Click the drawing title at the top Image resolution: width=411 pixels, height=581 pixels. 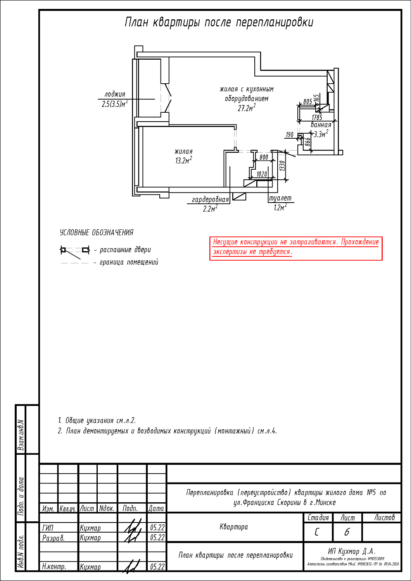219,22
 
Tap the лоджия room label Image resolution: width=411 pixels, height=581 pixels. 115,94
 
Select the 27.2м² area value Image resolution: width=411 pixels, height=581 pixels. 247,108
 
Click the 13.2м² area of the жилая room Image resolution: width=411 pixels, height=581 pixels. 183,161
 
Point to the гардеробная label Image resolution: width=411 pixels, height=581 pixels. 211,199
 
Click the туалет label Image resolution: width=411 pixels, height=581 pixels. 280,198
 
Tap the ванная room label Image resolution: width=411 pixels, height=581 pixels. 321,125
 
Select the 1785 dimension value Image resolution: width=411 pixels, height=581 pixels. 317,117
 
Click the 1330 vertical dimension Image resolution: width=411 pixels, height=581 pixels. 283,166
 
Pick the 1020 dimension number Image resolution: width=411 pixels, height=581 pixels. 262,174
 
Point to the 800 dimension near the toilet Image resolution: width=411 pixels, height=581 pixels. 264,157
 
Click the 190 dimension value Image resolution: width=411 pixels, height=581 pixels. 289,135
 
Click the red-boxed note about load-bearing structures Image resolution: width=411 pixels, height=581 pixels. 296,247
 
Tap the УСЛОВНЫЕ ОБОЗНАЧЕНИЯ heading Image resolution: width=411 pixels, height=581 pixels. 97,232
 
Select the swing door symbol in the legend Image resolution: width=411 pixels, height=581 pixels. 74,251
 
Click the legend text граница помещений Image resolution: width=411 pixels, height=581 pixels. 129,262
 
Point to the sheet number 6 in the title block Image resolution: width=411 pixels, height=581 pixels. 347,532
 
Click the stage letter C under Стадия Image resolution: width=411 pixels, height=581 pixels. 317,532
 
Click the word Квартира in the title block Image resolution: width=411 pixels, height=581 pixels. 234,527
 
